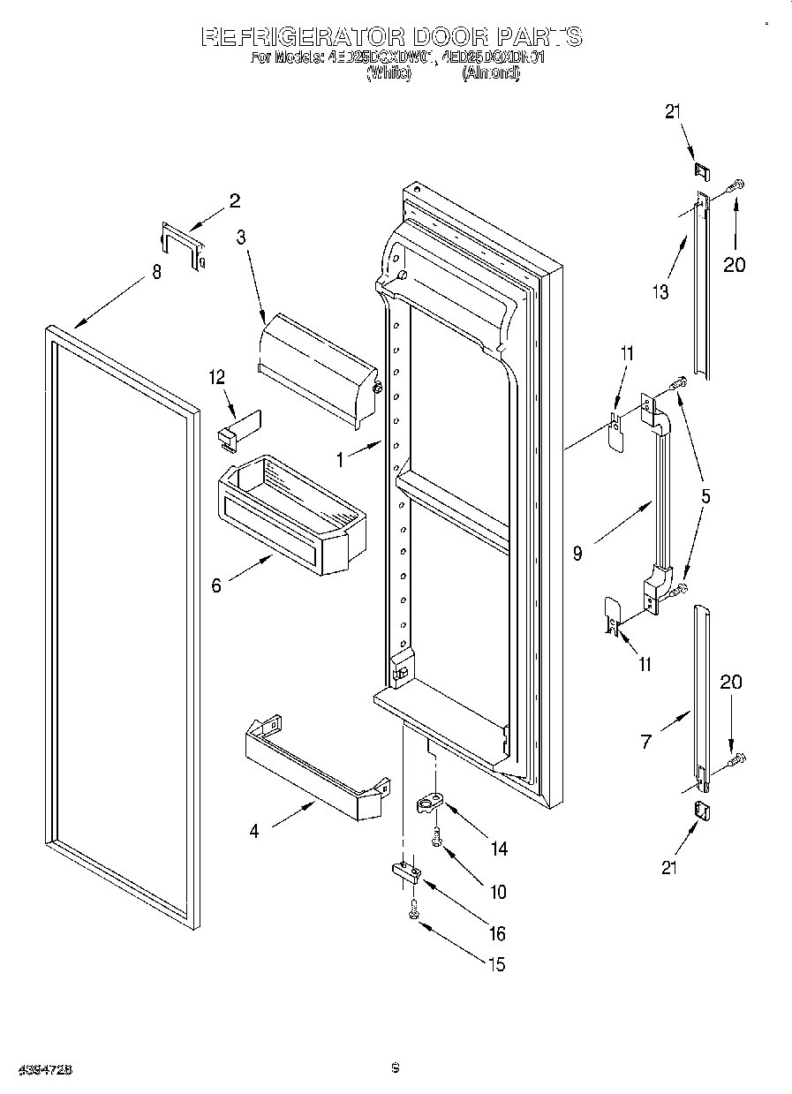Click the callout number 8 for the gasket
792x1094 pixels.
(x=156, y=273)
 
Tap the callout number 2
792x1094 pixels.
(x=234, y=200)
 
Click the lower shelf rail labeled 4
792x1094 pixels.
(x=315, y=764)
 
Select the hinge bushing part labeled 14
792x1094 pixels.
(x=430, y=804)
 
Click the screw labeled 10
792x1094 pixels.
(x=436, y=837)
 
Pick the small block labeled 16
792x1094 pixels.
(x=405, y=871)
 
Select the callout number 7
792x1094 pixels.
(x=645, y=743)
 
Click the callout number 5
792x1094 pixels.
(x=705, y=496)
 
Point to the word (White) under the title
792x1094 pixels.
(x=388, y=75)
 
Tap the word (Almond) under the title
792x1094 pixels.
(x=491, y=75)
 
